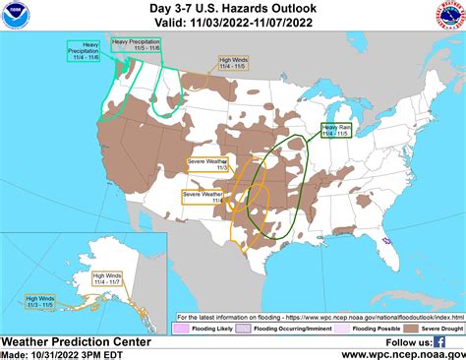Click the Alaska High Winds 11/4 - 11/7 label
click(x=109, y=278)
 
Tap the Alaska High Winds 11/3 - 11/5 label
click(x=40, y=301)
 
